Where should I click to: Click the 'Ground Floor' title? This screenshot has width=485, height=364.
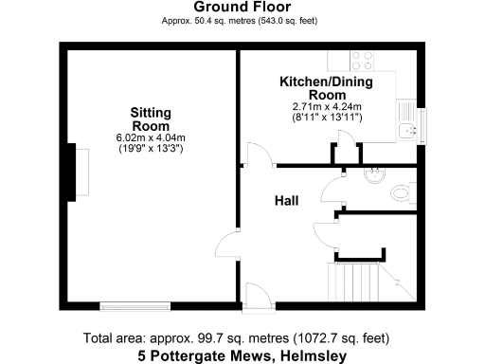click(x=242, y=7)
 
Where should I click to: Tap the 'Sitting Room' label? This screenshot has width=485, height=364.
click(x=151, y=119)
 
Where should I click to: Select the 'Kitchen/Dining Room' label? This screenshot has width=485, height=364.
click(x=325, y=89)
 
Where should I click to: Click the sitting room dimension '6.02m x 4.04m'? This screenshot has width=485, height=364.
click(x=151, y=137)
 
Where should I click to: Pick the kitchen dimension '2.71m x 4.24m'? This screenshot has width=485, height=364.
click(x=326, y=108)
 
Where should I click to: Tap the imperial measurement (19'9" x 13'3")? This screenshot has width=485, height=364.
click(x=151, y=149)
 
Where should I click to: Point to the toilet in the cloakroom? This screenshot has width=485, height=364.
click(x=403, y=192)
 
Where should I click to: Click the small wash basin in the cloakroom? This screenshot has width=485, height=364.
click(x=374, y=173)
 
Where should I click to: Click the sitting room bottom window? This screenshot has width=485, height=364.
click(x=135, y=305)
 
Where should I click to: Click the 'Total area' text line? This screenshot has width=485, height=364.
click(x=242, y=338)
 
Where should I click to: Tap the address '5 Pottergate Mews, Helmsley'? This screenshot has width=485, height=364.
click(x=242, y=355)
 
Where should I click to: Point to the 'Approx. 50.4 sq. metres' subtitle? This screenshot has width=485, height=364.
click(x=242, y=20)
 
